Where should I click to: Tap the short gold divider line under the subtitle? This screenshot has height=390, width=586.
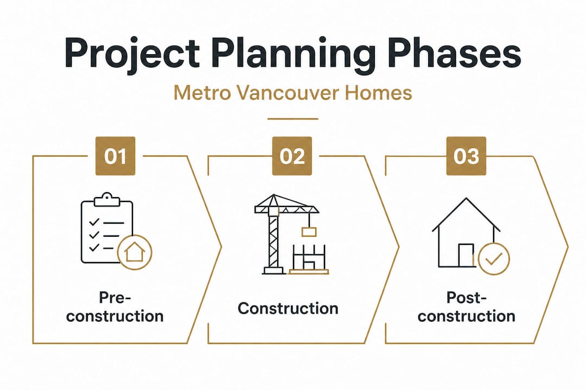(293, 119)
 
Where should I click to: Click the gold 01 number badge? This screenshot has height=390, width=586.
(116, 155)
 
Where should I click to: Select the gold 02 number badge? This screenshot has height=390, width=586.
(292, 155)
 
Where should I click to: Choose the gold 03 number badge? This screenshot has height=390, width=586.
(467, 155)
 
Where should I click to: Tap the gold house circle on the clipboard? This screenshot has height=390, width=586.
(135, 252)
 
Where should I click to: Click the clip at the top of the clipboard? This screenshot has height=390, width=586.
(107, 200)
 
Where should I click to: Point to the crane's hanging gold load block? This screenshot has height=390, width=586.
(309, 232)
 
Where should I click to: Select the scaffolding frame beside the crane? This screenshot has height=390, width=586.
(309, 258)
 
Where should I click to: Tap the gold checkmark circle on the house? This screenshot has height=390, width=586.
(494, 258)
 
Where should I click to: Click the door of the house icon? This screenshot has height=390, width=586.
(466, 255)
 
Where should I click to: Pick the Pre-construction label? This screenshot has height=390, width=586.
(115, 307)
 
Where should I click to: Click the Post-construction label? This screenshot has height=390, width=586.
(467, 307)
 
